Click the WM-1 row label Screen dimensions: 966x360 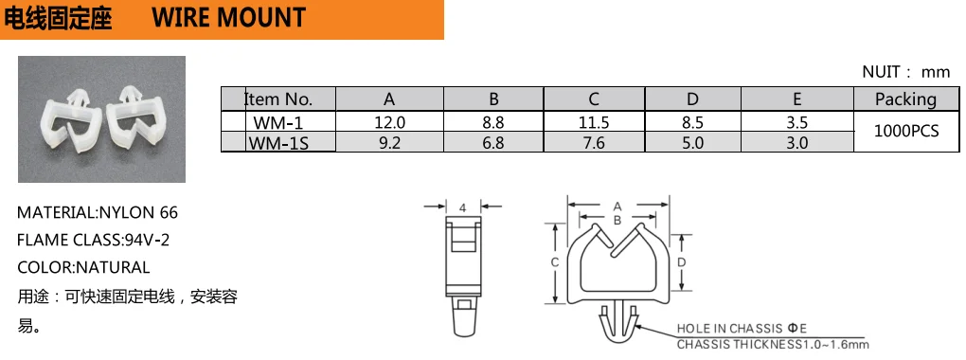coord(277,121)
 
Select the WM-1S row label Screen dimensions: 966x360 coord(277,142)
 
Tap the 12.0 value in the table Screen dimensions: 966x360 coord(389,122)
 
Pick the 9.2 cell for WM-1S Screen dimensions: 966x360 coord(389,143)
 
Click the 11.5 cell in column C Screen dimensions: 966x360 coord(594,122)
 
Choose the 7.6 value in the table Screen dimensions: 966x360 coord(594,143)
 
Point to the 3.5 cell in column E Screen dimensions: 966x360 coord(796,122)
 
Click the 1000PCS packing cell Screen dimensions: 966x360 coord(905,131)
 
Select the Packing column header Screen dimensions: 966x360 coord(905,99)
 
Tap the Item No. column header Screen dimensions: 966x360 coord(278,99)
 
